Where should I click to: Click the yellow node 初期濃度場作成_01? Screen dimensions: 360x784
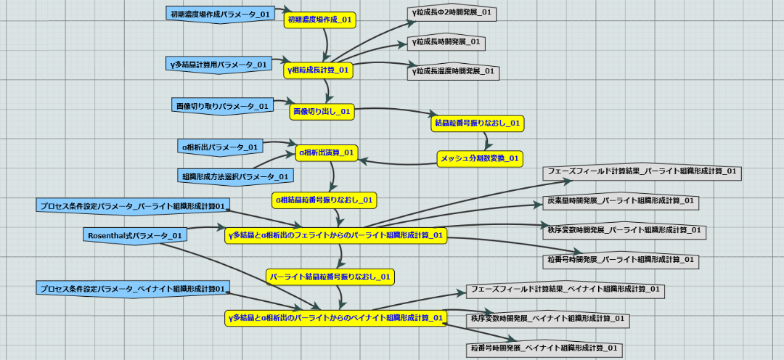[x=320, y=20]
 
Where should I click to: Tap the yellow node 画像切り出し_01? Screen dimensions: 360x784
[x=322, y=111]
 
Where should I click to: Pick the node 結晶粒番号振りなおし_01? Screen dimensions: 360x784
[x=478, y=123]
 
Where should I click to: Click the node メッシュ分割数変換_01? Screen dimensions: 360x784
[x=480, y=157]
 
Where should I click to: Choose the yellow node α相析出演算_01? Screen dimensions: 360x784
[x=327, y=152]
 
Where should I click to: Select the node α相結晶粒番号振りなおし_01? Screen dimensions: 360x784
[x=324, y=199]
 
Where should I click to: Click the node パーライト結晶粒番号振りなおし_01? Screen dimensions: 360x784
[x=330, y=276]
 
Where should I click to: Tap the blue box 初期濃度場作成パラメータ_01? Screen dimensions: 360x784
[x=211, y=14]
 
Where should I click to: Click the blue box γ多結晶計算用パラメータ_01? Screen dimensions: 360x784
[x=219, y=64]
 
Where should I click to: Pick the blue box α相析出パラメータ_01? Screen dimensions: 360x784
[x=221, y=147]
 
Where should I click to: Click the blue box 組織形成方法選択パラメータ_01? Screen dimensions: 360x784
[x=234, y=176]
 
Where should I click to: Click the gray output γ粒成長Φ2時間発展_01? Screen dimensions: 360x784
[x=452, y=13]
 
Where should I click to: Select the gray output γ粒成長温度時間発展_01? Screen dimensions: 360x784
[x=453, y=71]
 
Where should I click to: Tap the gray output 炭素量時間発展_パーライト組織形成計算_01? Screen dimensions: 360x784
[x=621, y=200]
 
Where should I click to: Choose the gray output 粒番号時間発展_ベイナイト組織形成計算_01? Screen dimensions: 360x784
[x=544, y=348]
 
